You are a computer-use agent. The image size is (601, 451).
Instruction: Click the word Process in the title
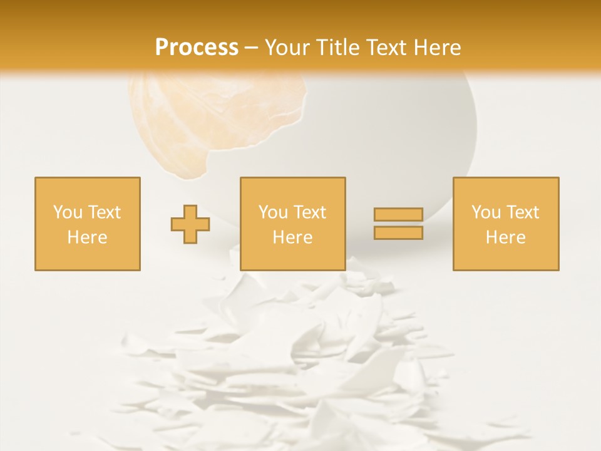pyautogui.click(x=197, y=48)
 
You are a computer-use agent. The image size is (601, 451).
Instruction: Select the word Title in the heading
pyautogui.click(x=338, y=48)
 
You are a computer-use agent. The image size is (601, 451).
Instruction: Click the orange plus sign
pyautogui.click(x=190, y=224)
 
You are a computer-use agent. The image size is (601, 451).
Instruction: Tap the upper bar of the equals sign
pyautogui.click(x=398, y=215)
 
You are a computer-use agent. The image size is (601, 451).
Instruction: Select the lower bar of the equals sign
pyautogui.click(x=398, y=233)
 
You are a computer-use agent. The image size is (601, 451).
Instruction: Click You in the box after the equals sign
pyautogui.click(x=485, y=212)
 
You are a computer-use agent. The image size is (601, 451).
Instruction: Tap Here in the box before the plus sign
pyautogui.click(x=87, y=237)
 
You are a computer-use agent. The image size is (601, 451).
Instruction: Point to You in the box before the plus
pyautogui.click(x=68, y=212)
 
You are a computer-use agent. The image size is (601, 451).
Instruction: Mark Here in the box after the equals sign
pyautogui.click(x=505, y=237)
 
